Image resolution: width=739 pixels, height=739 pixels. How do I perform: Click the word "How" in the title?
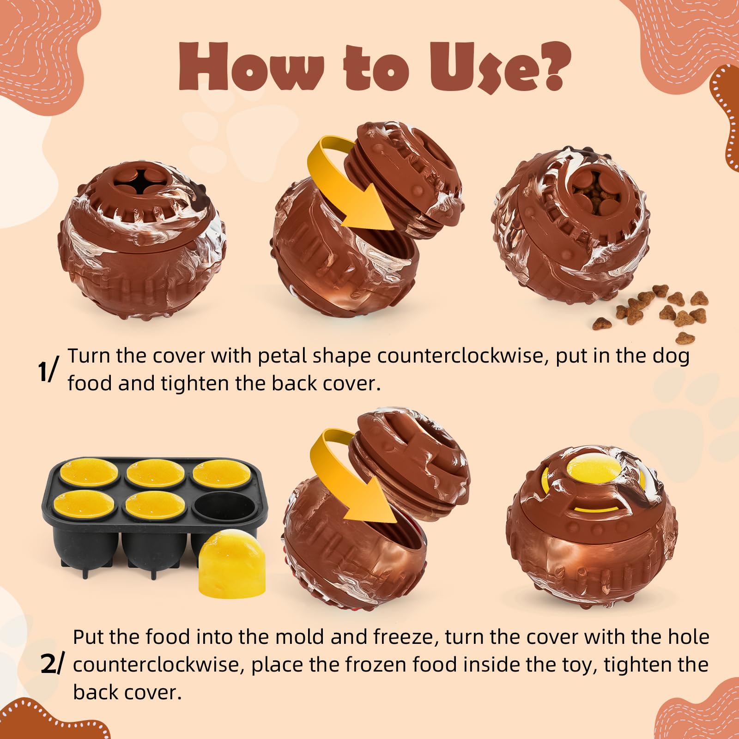[x=251, y=68]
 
